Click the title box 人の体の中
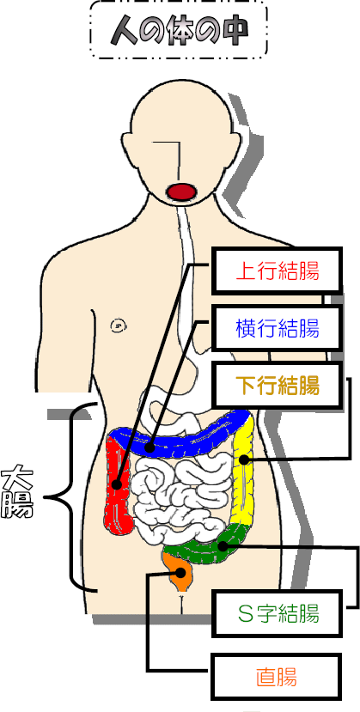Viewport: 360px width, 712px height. tap(179, 30)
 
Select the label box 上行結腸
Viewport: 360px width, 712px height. tap(277, 271)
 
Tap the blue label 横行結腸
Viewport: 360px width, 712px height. tap(277, 328)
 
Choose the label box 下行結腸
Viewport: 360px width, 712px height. tap(277, 385)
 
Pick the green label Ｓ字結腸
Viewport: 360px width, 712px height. tap(277, 613)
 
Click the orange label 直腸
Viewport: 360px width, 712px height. tap(277, 677)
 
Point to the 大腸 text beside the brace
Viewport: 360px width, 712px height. tap(17, 494)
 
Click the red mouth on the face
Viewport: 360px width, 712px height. tap(180, 192)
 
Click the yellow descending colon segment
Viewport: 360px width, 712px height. tap(243, 472)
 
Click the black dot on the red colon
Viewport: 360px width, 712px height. tap(117, 484)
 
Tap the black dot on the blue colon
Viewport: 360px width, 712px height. tap(149, 448)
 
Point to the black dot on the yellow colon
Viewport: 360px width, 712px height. tap(244, 459)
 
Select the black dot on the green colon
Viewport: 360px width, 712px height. tap(223, 545)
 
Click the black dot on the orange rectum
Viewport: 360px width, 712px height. tap(180, 572)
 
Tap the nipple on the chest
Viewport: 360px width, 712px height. tap(118, 326)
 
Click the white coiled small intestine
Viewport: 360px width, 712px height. tap(181, 495)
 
